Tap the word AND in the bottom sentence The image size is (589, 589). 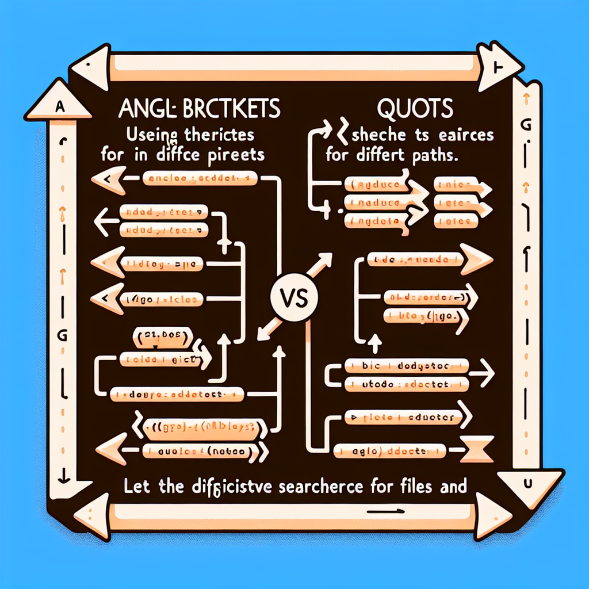click(x=451, y=487)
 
